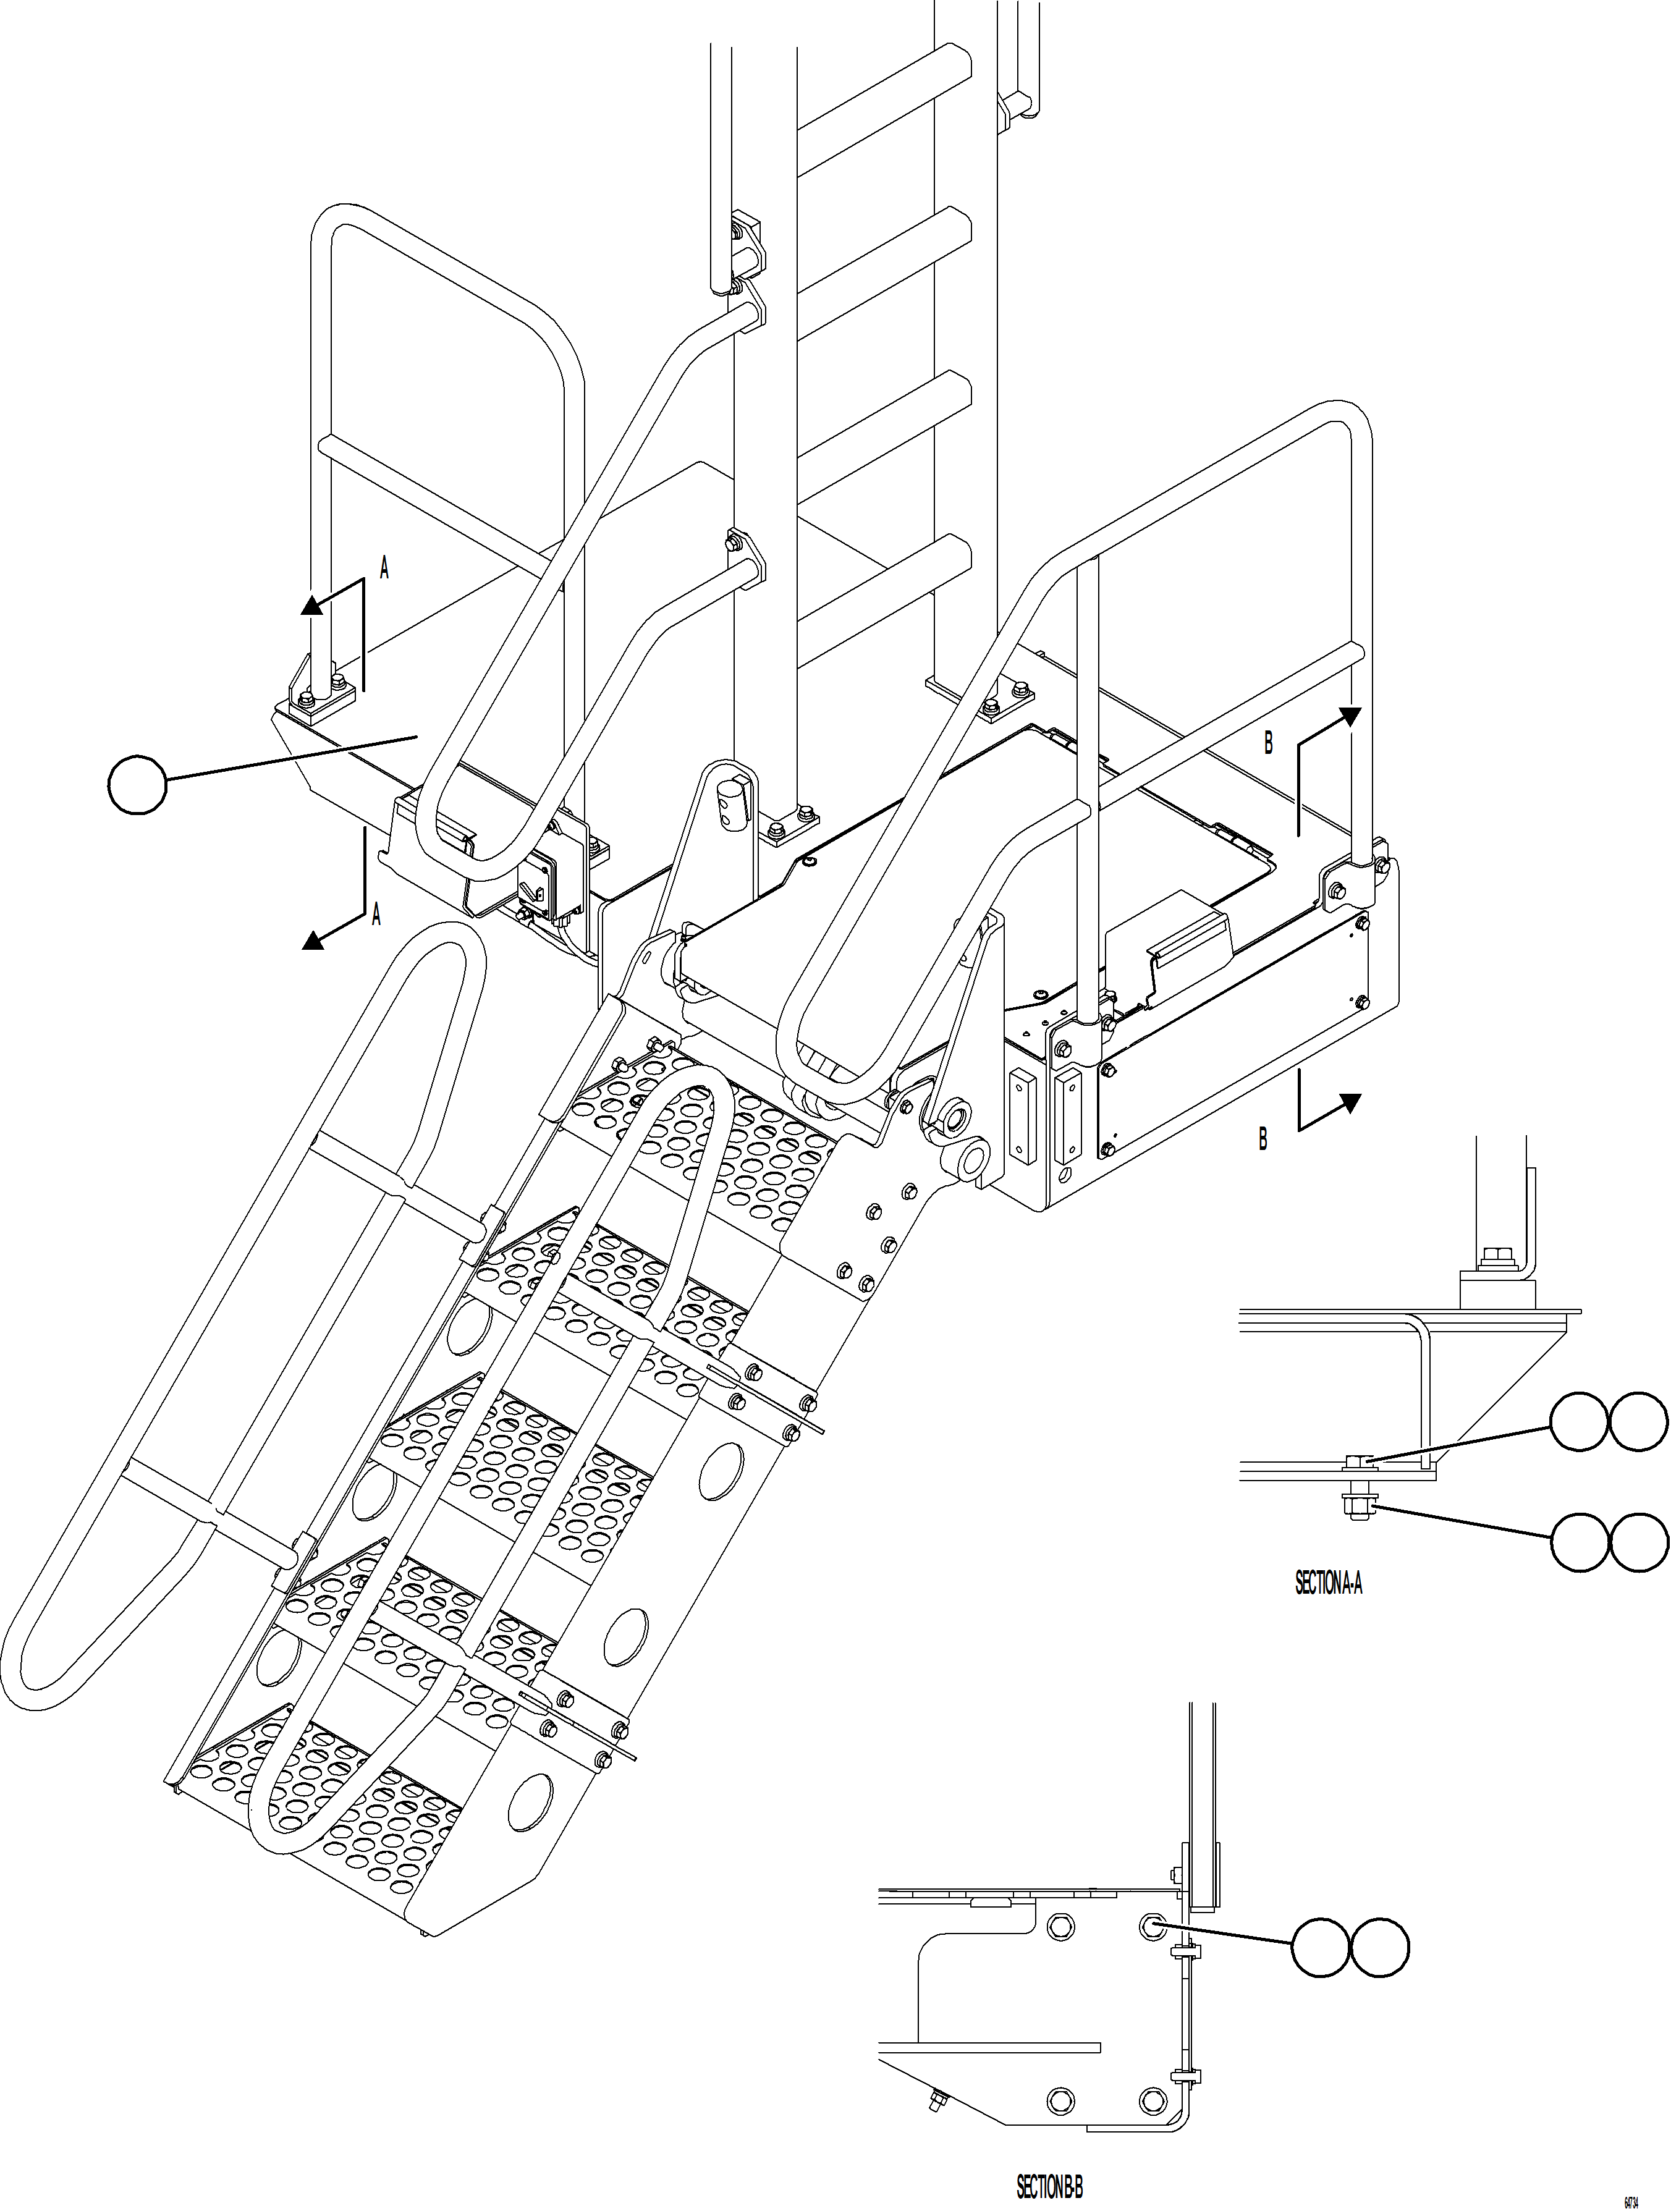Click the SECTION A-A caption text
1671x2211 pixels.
(1328, 1584)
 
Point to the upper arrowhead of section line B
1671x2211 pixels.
(1350, 717)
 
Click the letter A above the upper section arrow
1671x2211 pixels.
(384, 569)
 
